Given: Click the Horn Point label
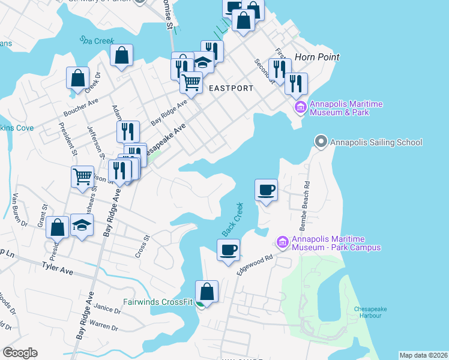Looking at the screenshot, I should point(317,57).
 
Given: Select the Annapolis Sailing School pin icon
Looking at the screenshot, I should point(321,142).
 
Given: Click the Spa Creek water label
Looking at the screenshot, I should point(97,41).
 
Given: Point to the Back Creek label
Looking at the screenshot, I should point(232,220).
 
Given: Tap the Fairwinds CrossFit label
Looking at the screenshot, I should point(158,302).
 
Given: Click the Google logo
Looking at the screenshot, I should point(20,353).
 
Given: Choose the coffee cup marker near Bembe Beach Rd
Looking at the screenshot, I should point(267,190).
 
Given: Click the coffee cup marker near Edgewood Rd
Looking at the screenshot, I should point(228,250).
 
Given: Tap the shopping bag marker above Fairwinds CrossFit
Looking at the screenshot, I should point(206,292).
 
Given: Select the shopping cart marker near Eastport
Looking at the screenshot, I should point(191,82).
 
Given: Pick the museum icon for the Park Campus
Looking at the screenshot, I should point(282,242).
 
